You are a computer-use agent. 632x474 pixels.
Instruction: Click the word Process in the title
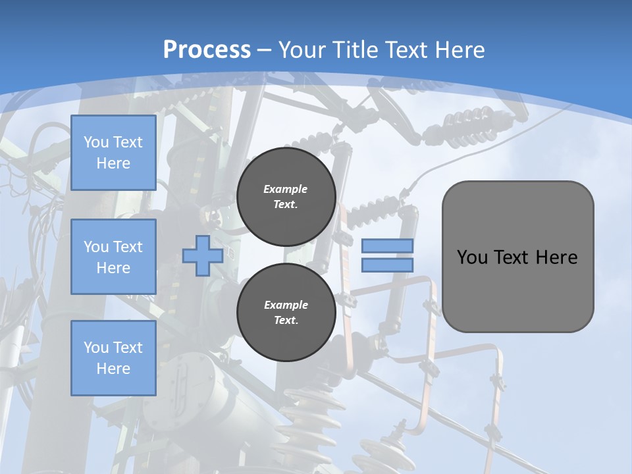click(x=207, y=50)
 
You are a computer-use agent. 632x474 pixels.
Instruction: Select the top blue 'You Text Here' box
click(x=113, y=153)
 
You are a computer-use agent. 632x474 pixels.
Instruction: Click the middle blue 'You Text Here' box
click(x=113, y=257)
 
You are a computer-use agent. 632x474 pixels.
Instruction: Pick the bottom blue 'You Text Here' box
click(x=113, y=357)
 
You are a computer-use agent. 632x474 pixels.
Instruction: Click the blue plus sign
click(x=202, y=256)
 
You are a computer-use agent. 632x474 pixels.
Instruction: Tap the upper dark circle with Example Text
click(x=286, y=197)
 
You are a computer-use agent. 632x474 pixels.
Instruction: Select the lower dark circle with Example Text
click(x=286, y=313)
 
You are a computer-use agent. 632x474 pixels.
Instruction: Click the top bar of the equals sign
click(x=388, y=246)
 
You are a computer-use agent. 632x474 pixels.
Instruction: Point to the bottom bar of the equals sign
click(x=388, y=265)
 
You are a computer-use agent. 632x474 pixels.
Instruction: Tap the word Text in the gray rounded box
click(x=512, y=257)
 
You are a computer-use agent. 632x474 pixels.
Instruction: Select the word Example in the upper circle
click(x=285, y=189)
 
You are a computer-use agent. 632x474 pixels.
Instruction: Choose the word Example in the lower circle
click(x=286, y=305)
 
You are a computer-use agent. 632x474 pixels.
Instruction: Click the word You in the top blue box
click(x=95, y=142)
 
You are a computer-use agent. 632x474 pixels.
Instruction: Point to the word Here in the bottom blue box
click(x=113, y=369)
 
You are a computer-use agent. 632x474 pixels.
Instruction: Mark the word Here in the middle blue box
click(x=113, y=268)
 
